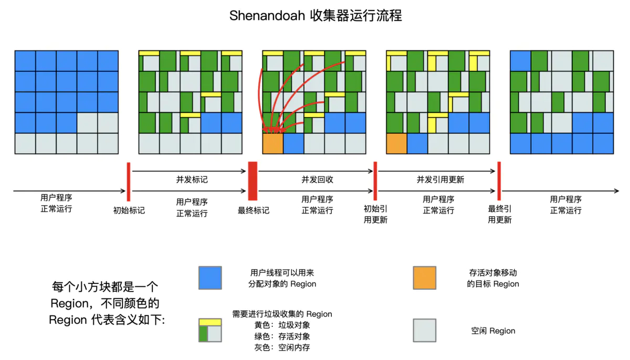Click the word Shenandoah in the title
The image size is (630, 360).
(267, 15)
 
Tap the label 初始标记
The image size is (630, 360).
(129, 210)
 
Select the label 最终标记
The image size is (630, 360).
(254, 210)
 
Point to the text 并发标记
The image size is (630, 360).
(192, 179)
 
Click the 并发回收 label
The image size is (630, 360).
(317, 179)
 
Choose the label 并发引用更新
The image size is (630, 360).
(440, 179)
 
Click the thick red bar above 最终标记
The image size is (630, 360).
(253, 181)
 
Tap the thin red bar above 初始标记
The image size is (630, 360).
(129, 182)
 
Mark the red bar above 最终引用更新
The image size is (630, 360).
(499, 181)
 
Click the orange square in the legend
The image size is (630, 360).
(425, 278)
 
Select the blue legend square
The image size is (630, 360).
(210, 278)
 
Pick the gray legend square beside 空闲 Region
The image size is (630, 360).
(425, 330)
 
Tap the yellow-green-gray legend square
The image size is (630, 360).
(210, 330)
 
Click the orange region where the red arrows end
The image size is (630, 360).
(273, 144)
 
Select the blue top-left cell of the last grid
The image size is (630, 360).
(521, 61)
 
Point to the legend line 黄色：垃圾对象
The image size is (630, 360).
(282, 325)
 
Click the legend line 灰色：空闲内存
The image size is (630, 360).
(282, 347)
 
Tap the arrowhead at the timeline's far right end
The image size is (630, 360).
(616, 191)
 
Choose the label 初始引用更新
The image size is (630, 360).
(375, 214)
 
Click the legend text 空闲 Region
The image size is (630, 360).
(493, 331)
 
